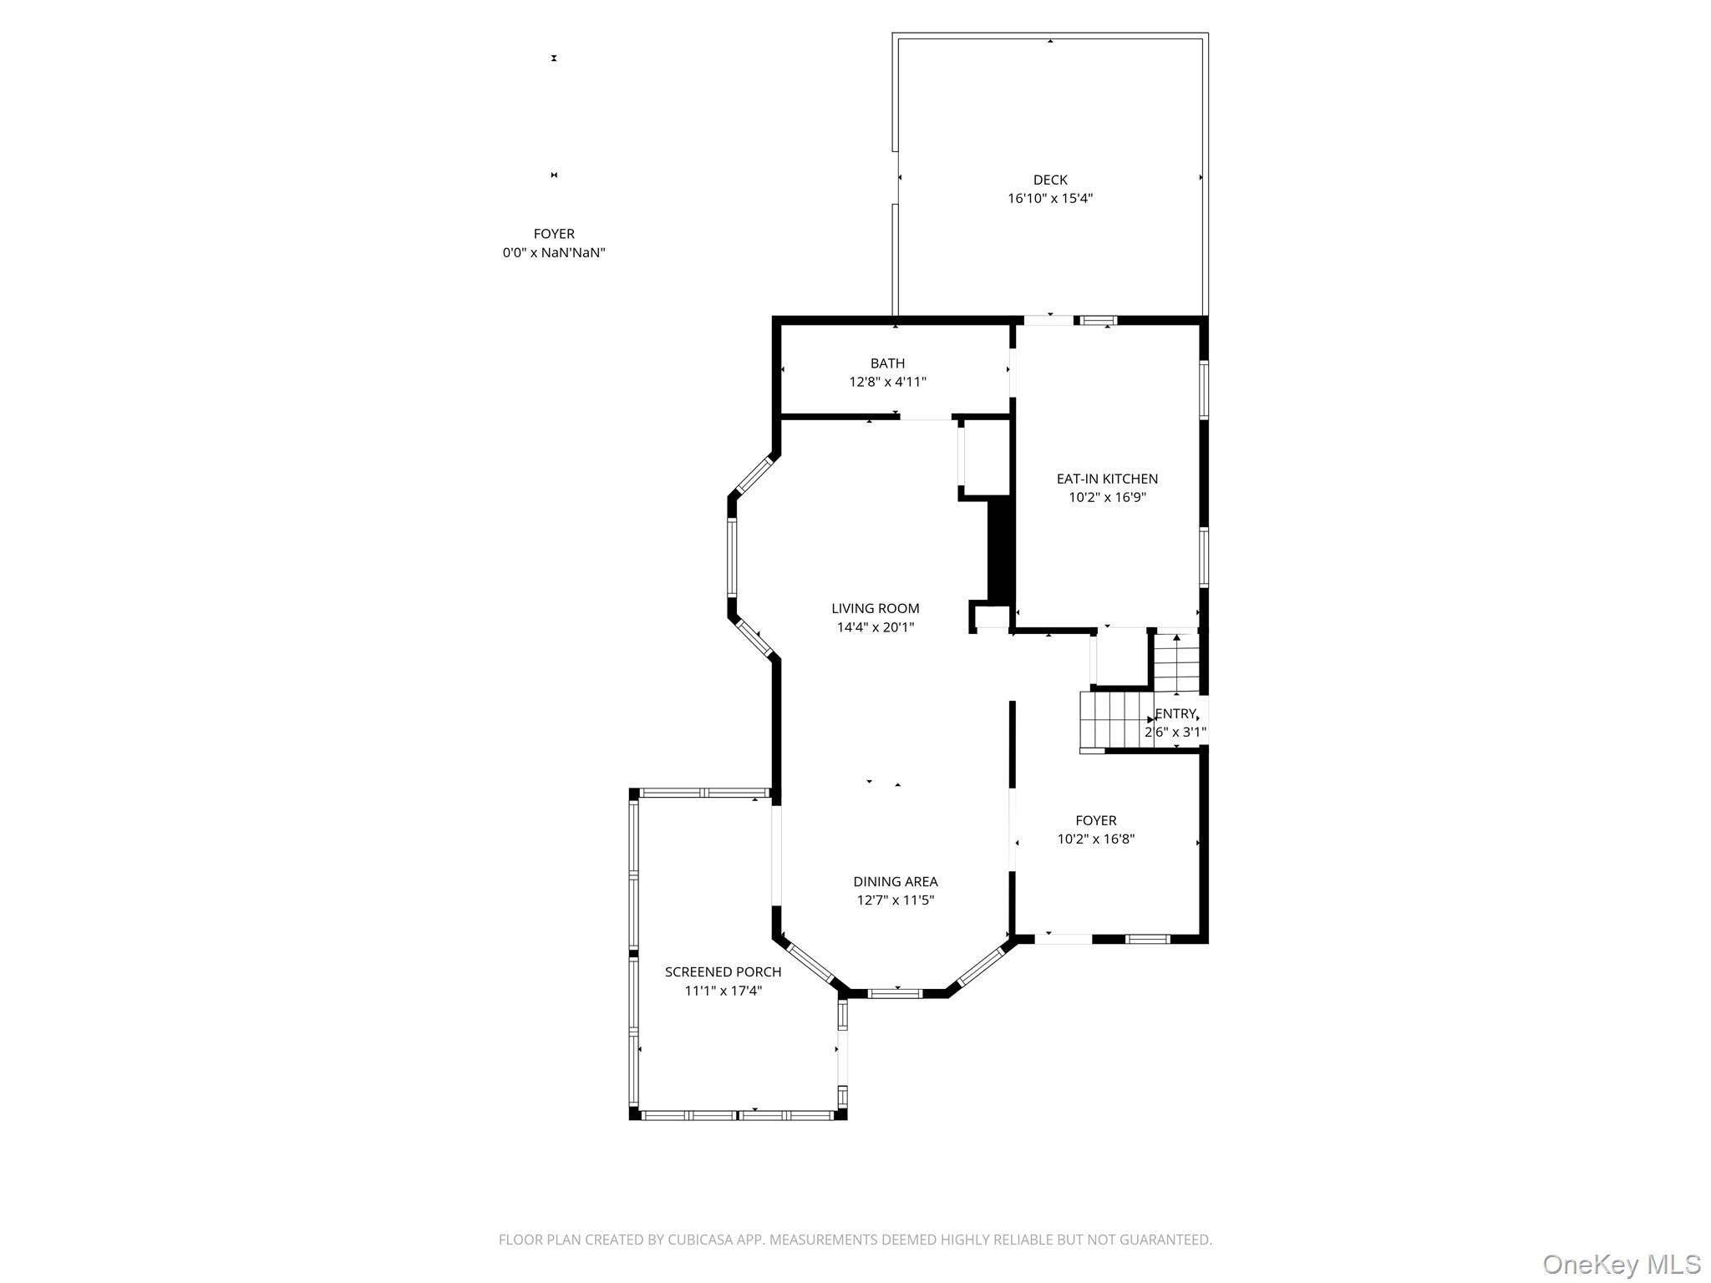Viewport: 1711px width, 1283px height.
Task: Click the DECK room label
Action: point(1049,180)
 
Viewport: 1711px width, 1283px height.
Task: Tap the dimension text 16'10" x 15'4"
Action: point(1049,199)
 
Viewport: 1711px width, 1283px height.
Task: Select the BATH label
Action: point(887,363)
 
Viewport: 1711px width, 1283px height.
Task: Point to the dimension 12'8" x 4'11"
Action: point(887,382)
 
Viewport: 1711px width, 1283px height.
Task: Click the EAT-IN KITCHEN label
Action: point(1107,479)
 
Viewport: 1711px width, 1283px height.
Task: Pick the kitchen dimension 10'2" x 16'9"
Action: point(1107,498)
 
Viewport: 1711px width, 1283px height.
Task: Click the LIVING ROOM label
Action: point(875,609)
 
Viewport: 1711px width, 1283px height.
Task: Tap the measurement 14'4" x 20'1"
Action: point(875,627)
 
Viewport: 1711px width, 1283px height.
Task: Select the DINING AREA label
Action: point(895,882)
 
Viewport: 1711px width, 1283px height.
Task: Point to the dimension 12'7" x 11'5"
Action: point(895,900)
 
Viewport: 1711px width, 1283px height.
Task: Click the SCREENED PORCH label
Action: point(723,972)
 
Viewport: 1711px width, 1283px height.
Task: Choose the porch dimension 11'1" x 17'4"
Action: point(723,991)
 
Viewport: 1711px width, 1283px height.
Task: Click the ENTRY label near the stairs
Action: point(1175,714)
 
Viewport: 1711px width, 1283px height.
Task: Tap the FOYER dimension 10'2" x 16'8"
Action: point(1095,839)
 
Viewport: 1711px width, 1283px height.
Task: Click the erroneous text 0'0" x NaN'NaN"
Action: point(553,253)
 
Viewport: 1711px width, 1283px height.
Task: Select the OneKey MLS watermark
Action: point(1621,1264)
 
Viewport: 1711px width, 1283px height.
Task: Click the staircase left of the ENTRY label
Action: point(1115,720)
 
